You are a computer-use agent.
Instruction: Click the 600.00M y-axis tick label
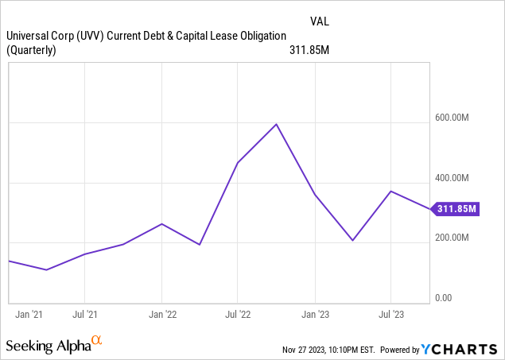452,118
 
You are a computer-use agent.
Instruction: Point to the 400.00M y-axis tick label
452,177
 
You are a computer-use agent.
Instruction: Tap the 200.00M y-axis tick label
452,238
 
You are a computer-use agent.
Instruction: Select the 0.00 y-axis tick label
444,298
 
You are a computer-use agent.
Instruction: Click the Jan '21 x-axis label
29,315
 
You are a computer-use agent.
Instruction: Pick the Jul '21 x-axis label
85,315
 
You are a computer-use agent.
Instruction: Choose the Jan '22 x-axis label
163,315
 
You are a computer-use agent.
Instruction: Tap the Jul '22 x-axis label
238,315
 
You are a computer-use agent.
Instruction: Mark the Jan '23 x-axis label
315,315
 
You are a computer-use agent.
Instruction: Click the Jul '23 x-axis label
391,315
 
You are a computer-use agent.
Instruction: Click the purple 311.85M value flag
455,209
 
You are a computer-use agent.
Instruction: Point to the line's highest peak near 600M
276,124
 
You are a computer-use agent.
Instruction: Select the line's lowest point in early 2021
46,269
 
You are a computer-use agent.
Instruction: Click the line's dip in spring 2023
353,240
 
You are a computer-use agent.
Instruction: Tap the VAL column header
320,21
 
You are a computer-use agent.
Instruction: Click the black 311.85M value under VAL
309,50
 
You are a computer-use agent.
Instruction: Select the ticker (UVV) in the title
90,36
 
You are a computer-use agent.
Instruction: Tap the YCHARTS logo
459,349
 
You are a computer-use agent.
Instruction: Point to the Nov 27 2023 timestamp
328,350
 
